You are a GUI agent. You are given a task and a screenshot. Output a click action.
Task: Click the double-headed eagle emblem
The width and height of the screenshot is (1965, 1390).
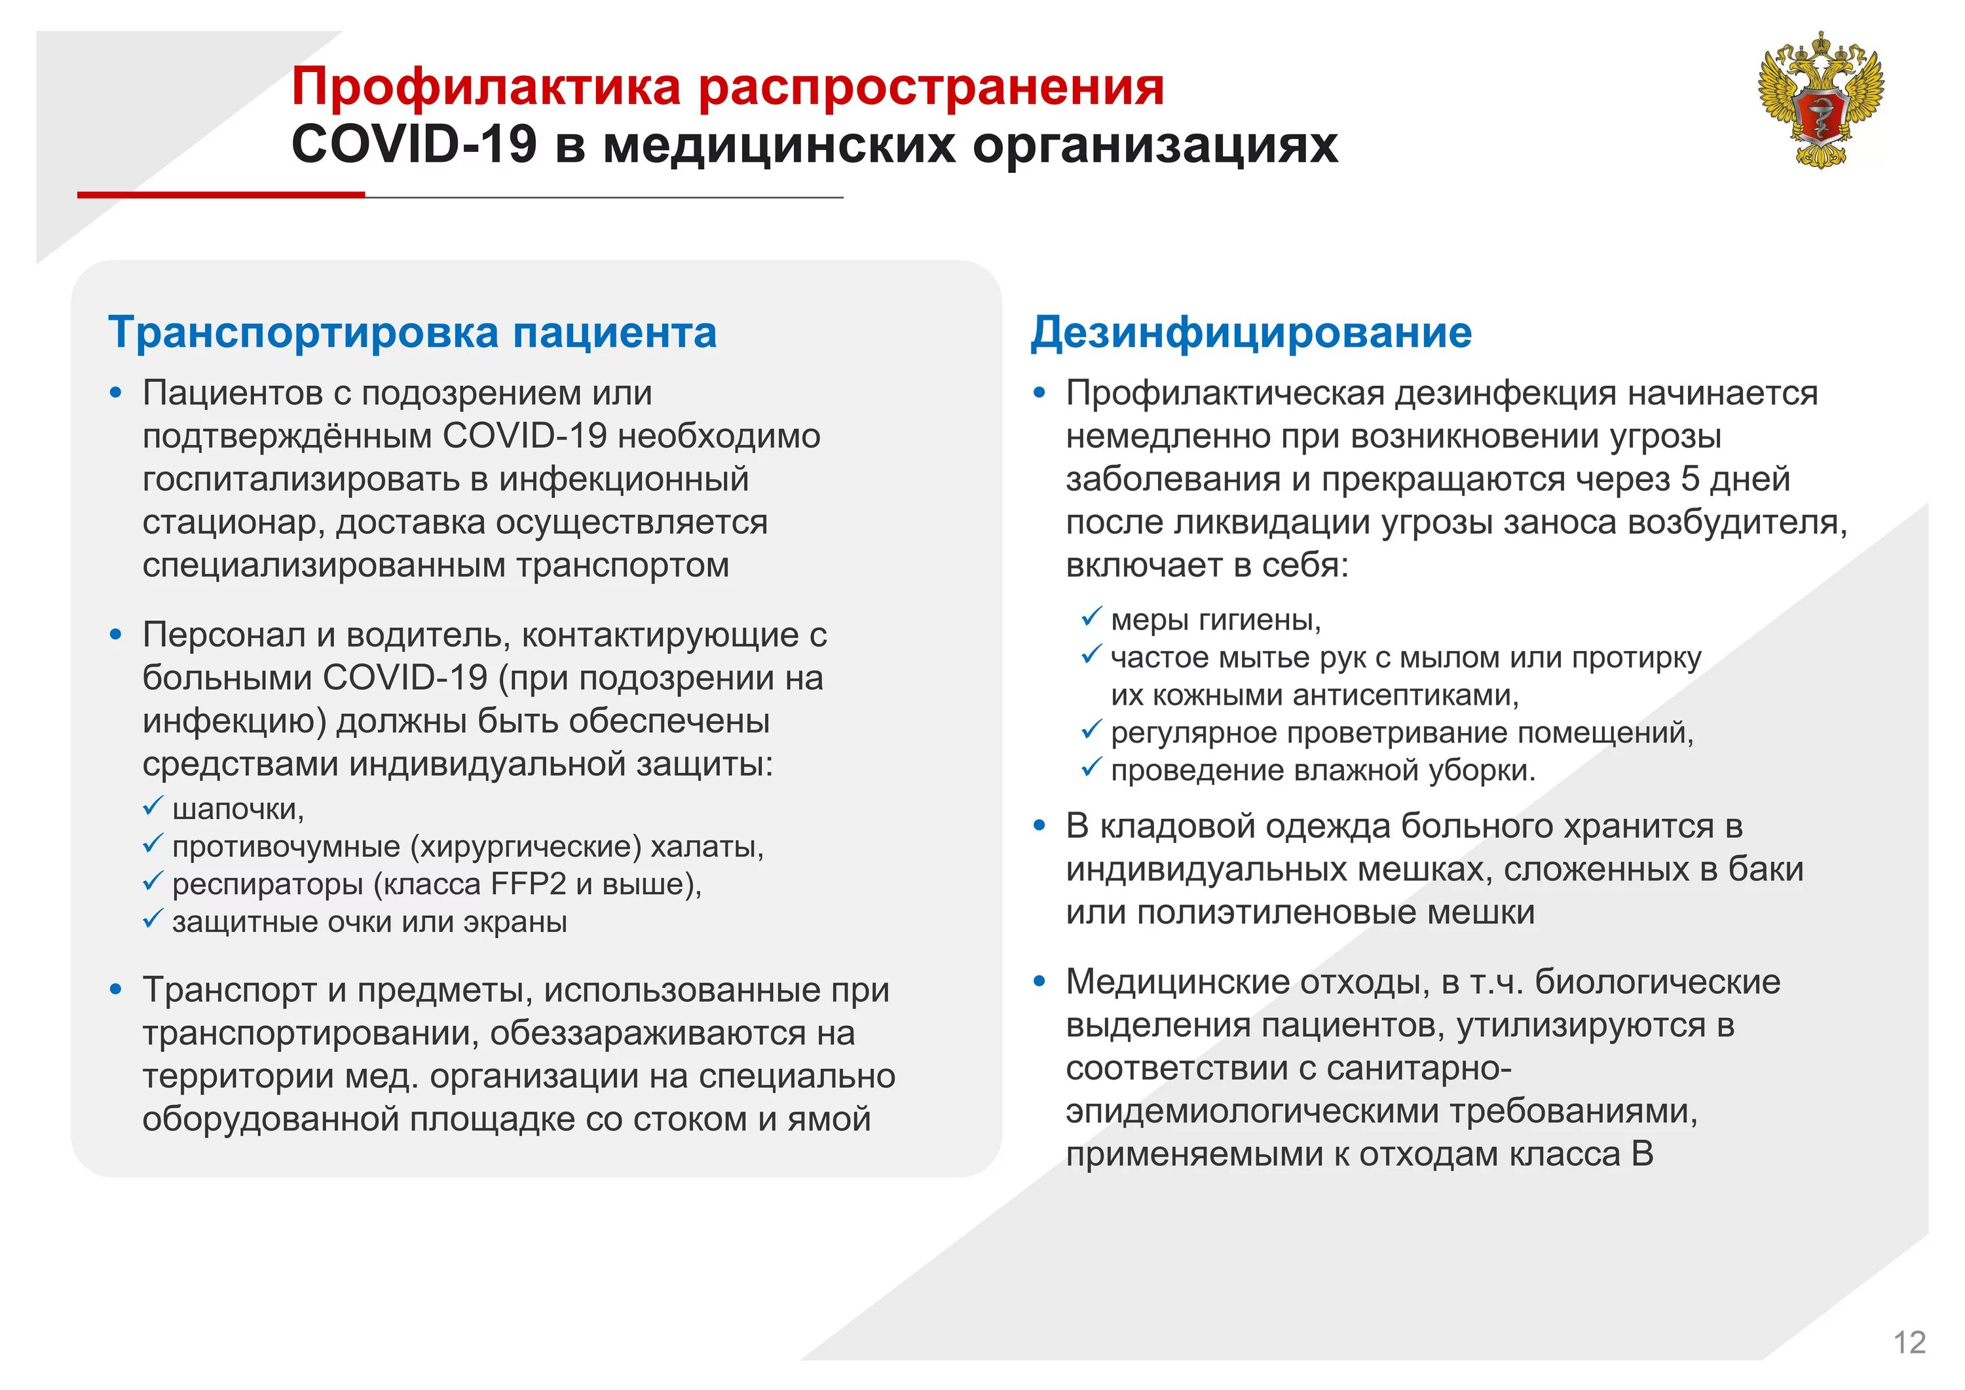[x=1821, y=100]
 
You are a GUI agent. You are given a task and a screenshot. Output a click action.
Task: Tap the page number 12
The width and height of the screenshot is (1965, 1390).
[x=1909, y=1342]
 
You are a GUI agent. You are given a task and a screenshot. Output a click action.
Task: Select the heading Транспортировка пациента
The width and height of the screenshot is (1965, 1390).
[x=411, y=332]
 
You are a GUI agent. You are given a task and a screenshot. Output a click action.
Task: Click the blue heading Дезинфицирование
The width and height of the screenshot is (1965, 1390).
[x=1250, y=332]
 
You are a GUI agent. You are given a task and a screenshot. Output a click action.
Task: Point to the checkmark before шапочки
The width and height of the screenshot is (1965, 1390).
[x=153, y=806]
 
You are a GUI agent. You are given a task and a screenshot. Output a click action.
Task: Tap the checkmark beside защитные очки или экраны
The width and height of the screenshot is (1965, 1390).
[x=153, y=919]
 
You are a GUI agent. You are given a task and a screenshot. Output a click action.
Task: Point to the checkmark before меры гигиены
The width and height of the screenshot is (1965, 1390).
[x=1091, y=616]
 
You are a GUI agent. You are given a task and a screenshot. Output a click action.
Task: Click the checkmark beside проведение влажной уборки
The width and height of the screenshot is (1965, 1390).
[x=1091, y=768]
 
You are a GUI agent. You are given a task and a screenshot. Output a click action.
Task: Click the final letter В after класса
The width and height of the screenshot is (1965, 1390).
[x=1642, y=1155]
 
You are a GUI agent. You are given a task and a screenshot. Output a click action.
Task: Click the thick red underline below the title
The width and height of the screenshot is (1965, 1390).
[x=221, y=195]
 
